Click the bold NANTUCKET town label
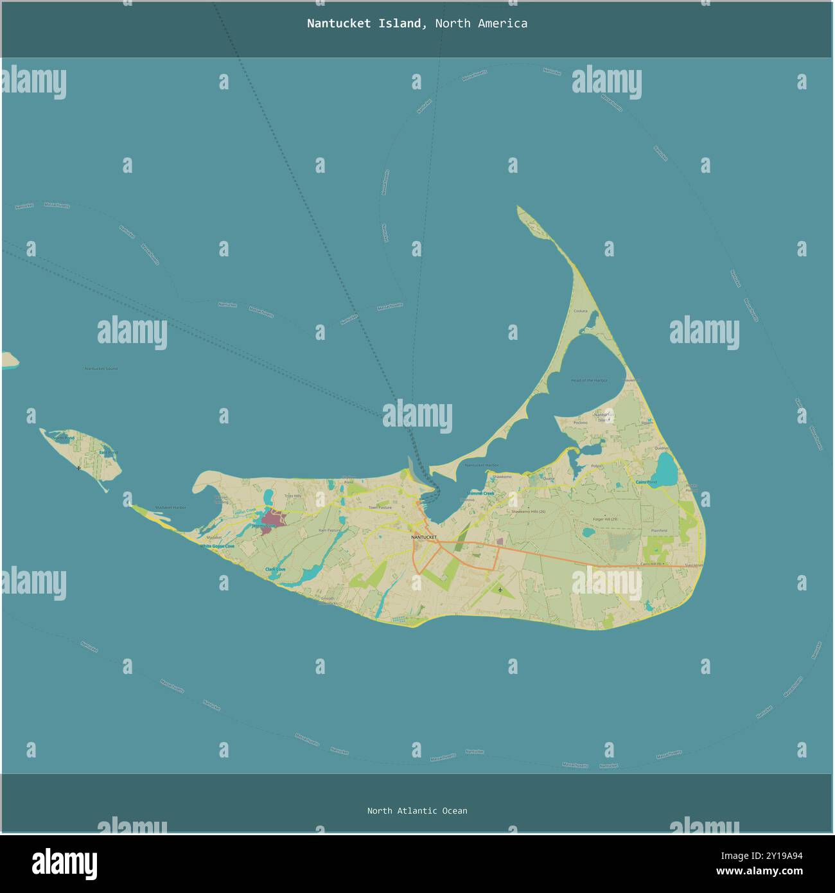point(424,536)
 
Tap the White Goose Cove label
point(216,546)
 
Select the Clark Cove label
point(276,570)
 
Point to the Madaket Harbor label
point(170,508)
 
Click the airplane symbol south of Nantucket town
point(500,589)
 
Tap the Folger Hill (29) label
point(605,519)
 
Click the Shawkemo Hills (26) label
point(528,511)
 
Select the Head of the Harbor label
point(589,380)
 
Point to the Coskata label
point(580,311)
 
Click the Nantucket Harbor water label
point(482,465)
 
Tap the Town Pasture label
point(380,508)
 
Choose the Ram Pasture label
point(330,530)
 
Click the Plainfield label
point(659,531)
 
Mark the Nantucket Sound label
point(101,369)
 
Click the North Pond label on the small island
point(63,438)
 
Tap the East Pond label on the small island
point(108,453)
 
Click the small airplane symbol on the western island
point(78,468)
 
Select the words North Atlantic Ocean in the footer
point(417,811)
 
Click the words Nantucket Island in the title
point(364,24)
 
